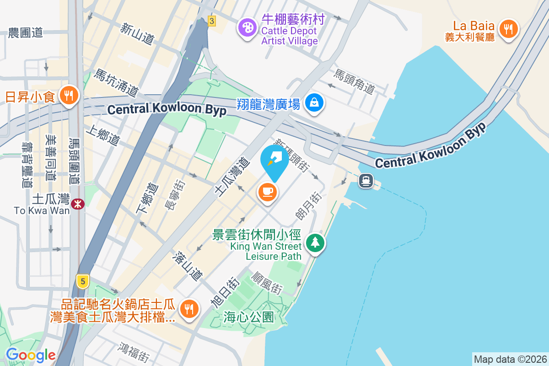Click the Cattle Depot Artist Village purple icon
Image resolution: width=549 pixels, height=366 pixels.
[x=247, y=27]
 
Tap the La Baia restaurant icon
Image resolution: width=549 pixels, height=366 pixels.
[x=508, y=29]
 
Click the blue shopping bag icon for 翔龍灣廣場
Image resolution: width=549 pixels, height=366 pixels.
[x=315, y=102]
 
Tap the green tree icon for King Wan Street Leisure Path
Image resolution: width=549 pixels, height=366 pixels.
[x=315, y=242]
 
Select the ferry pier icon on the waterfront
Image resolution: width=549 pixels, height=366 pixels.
[x=366, y=181]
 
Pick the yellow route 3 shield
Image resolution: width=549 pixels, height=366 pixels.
[x=211, y=21]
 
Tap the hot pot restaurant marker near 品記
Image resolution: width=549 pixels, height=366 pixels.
[x=188, y=308]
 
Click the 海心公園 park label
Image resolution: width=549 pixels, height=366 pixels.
[x=248, y=317]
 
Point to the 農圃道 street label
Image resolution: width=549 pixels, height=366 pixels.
[x=25, y=32]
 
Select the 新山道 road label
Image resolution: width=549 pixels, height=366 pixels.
[x=137, y=34]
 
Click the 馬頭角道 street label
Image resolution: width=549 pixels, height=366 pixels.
[x=354, y=81]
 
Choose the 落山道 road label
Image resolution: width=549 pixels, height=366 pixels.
[x=187, y=267]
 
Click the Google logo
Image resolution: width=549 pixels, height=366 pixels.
[x=31, y=355]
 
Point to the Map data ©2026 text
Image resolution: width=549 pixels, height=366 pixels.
[x=510, y=359]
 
